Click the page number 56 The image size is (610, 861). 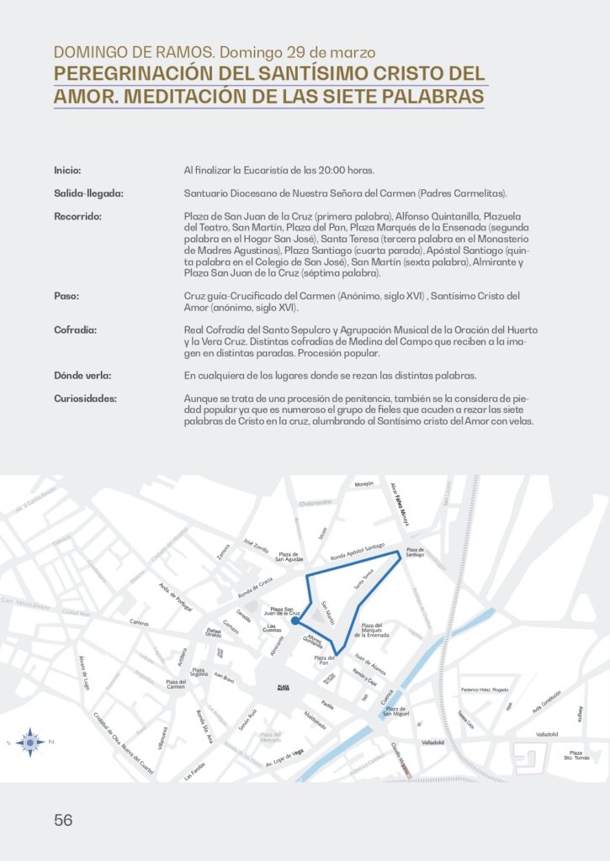pyautogui.click(x=63, y=820)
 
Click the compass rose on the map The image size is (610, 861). pyautogui.click(x=30, y=742)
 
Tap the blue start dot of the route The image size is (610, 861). pyautogui.click(x=294, y=623)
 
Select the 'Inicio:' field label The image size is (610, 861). pyautogui.click(x=67, y=170)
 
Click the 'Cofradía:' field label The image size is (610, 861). pyautogui.click(x=75, y=330)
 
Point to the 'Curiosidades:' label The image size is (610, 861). pyautogui.click(x=86, y=399)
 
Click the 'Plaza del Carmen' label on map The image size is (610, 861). pyautogui.click(x=176, y=684)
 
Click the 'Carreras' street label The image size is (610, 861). pyautogui.click(x=139, y=623)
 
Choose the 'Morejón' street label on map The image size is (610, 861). pyautogui.click(x=363, y=484)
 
